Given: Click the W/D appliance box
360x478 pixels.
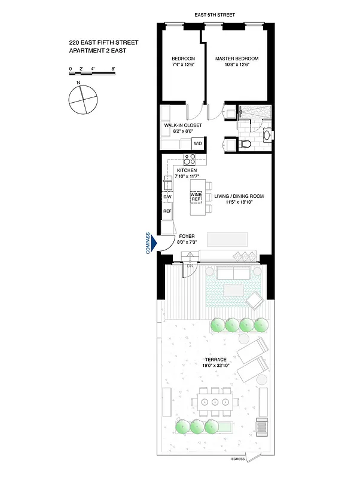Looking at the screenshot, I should coord(197,144).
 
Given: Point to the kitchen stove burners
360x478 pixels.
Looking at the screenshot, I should coord(190,160).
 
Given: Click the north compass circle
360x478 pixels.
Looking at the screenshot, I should coord(82,99).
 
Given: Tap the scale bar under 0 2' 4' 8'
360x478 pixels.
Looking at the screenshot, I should coord(92,73).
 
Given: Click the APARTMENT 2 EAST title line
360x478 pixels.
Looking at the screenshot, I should coord(97,51).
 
